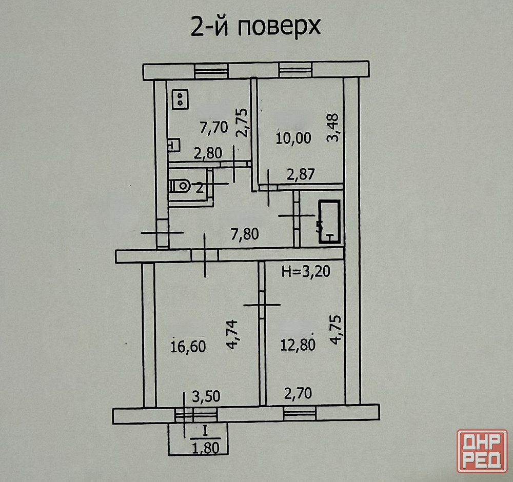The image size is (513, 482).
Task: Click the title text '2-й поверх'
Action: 255,27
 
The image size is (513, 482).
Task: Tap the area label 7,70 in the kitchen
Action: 213,128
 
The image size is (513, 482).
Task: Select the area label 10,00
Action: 293,138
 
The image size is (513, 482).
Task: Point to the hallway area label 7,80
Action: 245,234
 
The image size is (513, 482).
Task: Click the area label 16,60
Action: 188,347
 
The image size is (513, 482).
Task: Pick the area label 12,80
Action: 298,345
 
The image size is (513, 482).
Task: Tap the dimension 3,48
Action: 333,127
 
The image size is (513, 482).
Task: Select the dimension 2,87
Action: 301,174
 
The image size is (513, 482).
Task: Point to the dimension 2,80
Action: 208,153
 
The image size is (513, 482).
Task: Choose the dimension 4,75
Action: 336,330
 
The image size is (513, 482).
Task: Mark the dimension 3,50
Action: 206,397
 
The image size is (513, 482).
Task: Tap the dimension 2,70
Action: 298,393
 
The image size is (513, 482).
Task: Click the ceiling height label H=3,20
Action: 306,271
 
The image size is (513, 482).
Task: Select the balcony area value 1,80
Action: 206,448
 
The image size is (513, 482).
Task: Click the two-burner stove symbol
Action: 180,99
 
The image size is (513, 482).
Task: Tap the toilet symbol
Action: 180,186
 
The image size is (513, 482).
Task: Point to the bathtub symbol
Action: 329,222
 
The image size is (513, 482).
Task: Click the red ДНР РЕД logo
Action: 482,451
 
